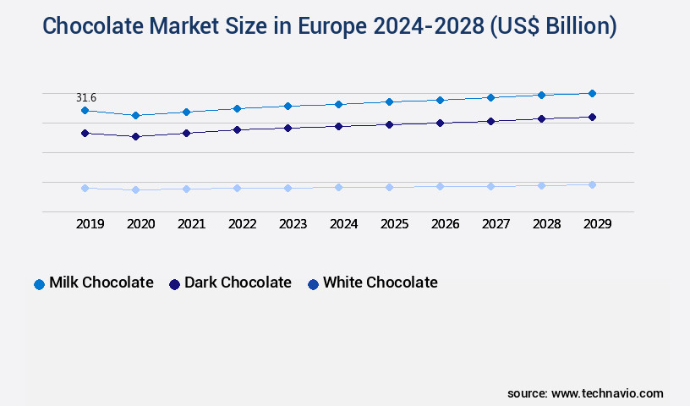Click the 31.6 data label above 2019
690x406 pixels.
[86, 98]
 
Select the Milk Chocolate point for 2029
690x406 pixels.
[592, 93]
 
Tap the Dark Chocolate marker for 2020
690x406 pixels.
[135, 136]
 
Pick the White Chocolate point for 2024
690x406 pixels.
[338, 187]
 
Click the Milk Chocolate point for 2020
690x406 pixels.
[135, 115]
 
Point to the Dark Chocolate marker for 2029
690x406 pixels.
[592, 117]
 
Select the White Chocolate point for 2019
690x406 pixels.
[85, 188]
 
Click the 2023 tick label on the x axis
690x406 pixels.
[293, 224]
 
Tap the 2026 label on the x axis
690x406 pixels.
[445, 224]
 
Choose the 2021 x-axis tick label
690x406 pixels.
[191, 224]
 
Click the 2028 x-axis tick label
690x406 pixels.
[546, 224]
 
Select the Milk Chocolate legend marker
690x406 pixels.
[39, 284]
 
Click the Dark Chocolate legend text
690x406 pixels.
[238, 283]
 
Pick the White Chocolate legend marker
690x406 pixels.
[313, 284]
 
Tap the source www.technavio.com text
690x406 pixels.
[585, 393]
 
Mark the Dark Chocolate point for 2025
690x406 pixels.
[389, 124]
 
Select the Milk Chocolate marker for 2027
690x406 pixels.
[490, 97]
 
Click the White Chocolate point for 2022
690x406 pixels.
[237, 188]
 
